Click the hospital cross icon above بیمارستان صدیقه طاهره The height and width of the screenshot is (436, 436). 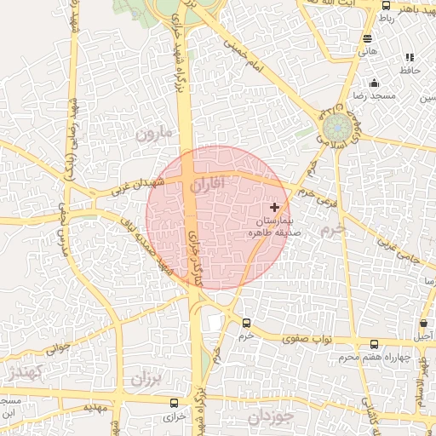pos(274,207)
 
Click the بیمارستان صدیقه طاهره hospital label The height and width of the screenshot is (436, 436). pos(269,226)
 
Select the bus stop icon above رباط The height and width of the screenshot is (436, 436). pos(386,6)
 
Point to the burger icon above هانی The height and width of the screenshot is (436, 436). pos(367,38)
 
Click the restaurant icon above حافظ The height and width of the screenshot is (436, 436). pos(410,58)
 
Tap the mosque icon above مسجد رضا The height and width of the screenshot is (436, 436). pos(374,83)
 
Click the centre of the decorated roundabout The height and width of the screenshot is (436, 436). pos(336,129)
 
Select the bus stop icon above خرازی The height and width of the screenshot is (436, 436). pos(175,403)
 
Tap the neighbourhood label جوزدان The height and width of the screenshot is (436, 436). pos(271,417)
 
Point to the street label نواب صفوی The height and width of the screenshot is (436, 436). pos(313,340)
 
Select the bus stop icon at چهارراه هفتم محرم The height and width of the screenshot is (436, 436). pos(374,345)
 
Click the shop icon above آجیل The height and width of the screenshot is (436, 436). pos(424,324)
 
